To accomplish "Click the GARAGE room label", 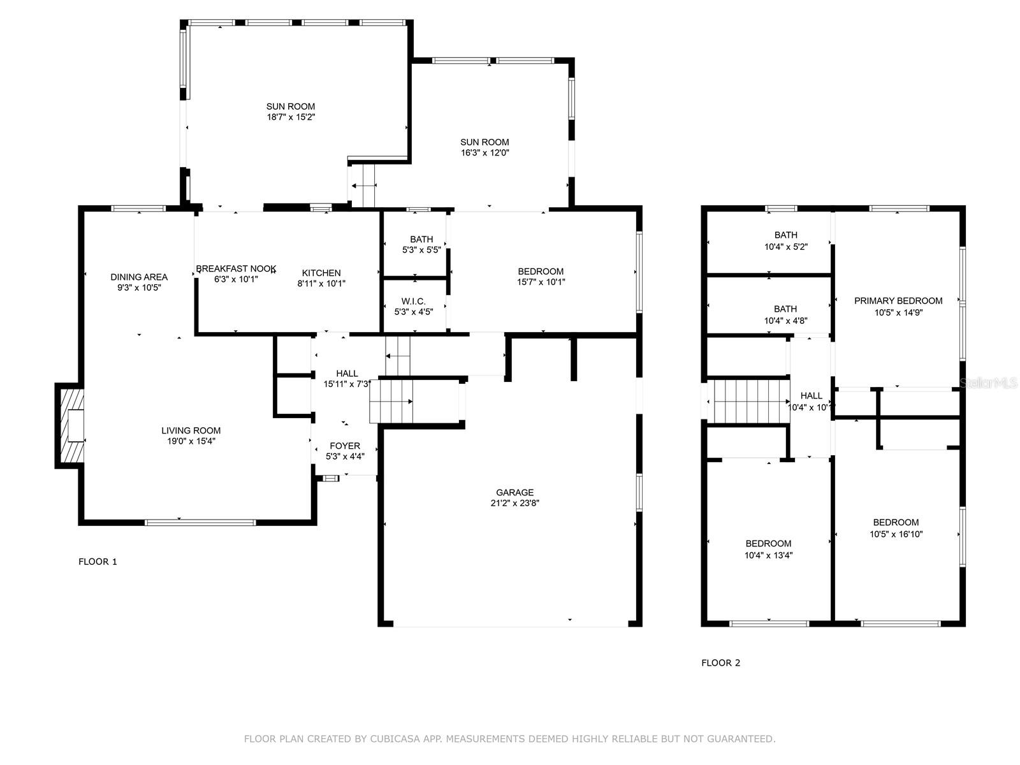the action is tap(514, 492).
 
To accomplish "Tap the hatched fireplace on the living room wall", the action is tap(70, 425).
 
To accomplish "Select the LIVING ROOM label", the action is tap(191, 430).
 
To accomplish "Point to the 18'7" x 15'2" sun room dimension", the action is tap(291, 117).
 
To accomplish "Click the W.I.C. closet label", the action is tap(414, 302).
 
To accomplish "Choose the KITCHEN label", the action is tap(321, 273).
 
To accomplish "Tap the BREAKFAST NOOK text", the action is tap(236, 268).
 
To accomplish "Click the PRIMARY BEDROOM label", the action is tap(898, 301).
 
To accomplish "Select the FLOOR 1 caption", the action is tap(98, 562).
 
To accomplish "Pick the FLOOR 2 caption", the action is tap(721, 663).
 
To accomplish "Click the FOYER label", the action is tap(345, 446).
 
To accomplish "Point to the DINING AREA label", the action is tap(139, 277).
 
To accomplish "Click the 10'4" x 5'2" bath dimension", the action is tap(786, 247).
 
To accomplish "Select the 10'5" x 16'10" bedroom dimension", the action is tap(896, 534).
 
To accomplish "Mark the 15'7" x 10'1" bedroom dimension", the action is tap(541, 282).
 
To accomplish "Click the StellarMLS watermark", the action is tap(988, 383).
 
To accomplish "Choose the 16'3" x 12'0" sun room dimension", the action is tap(484, 153).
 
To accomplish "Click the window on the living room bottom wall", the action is tap(200, 523).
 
